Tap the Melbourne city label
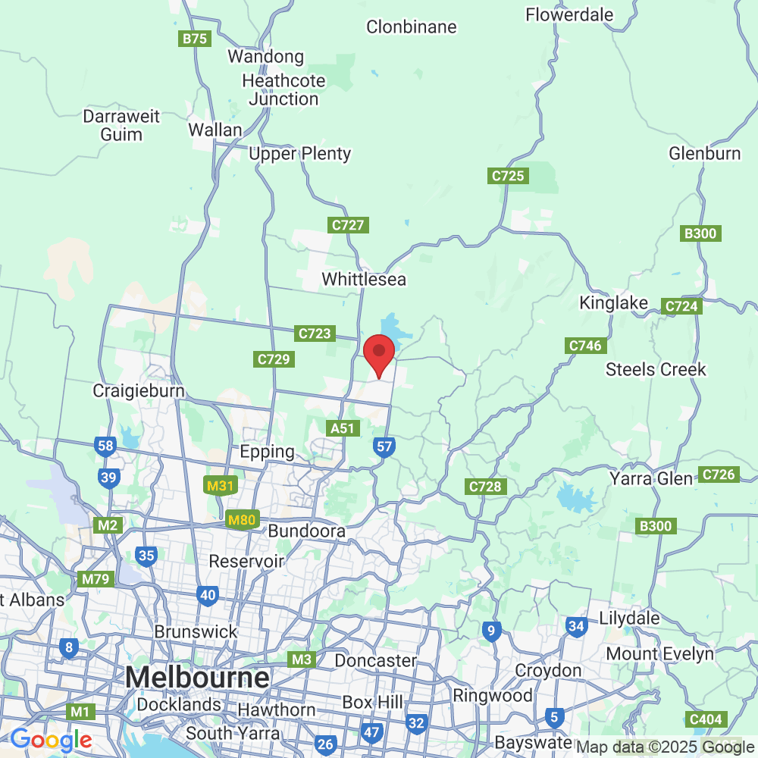point(198,677)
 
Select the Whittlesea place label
point(364,279)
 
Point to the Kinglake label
point(614,303)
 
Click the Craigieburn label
point(139,391)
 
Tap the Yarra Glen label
point(651,479)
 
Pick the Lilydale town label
point(629,618)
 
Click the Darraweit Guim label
point(121,126)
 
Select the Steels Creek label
point(656,370)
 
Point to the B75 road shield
point(195,39)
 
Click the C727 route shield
point(349,225)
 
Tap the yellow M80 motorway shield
point(243,520)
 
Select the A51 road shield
point(343,428)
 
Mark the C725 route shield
point(508,176)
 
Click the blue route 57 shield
point(384,446)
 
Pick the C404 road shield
point(706,719)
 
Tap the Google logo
point(51,740)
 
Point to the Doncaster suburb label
point(375,660)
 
